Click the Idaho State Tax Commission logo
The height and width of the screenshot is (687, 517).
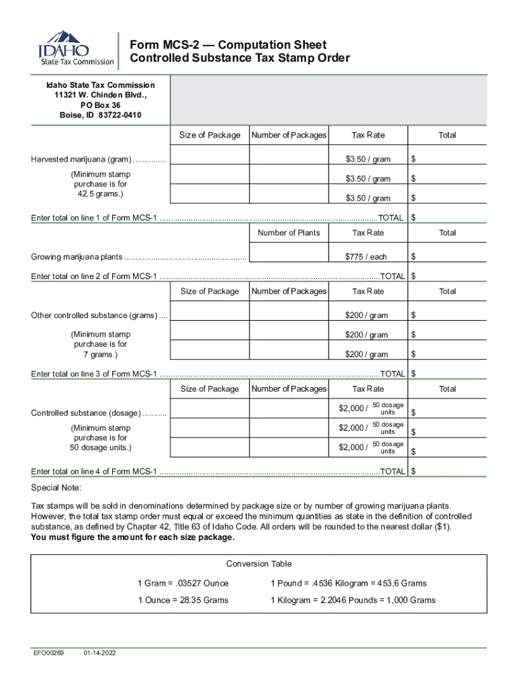point(75,48)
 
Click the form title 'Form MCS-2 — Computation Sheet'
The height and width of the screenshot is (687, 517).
point(228,44)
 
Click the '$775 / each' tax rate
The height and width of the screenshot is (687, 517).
point(366,257)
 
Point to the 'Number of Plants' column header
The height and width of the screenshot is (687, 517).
point(289,233)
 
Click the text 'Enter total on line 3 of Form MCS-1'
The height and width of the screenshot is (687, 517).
point(94,374)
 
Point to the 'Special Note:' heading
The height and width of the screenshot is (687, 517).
point(56,488)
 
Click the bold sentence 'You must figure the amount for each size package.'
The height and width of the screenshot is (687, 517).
point(133,538)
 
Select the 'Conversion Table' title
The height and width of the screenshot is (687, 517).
point(258,564)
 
